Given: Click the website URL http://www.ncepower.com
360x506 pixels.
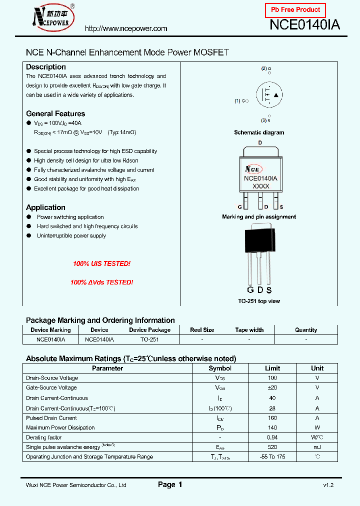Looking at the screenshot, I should [x=126, y=28].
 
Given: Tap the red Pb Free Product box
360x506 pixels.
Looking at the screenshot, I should [x=295, y=10].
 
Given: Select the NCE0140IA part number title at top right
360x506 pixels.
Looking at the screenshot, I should [x=304, y=25].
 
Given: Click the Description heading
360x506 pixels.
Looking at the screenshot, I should [x=46, y=67].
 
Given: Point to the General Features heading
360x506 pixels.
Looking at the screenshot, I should [x=55, y=113].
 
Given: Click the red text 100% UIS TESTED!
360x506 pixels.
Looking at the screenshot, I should [x=101, y=263].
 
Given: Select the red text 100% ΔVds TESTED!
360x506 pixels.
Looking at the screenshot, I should [x=101, y=282].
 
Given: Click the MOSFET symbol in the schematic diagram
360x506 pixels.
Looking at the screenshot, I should [x=268, y=95].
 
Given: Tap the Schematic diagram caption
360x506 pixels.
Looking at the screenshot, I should [x=259, y=132].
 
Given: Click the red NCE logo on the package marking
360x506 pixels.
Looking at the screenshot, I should [x=253, y=169].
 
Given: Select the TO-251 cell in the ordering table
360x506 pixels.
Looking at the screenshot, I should [x=149, y=339].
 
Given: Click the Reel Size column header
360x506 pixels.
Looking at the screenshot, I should [x=202, y=330].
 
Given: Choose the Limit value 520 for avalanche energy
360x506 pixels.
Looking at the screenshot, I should [x=272, y=446].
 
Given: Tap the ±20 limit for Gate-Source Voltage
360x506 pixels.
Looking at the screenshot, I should [x=272, y=387].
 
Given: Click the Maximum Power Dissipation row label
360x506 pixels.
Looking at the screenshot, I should [x=60, y=427].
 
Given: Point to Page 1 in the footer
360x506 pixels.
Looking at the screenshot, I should [x=170, y=484].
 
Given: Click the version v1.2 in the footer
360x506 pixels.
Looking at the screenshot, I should [x=328, y=485].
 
